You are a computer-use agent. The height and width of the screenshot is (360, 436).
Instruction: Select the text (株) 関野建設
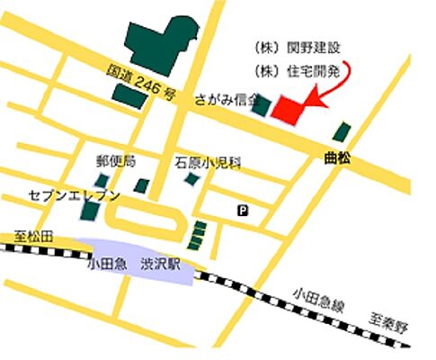(290, 46)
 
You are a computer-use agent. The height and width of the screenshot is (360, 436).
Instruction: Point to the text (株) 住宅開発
(290, 69)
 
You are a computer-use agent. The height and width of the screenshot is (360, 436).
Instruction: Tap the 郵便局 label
(116, 162)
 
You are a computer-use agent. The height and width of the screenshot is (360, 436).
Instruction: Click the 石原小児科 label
(209, 163)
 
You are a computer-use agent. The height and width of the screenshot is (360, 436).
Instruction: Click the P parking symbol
(242, 210)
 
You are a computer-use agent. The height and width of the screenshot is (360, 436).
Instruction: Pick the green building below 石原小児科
(191, 179)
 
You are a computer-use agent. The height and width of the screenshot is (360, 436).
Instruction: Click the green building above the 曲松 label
(342, 131)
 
